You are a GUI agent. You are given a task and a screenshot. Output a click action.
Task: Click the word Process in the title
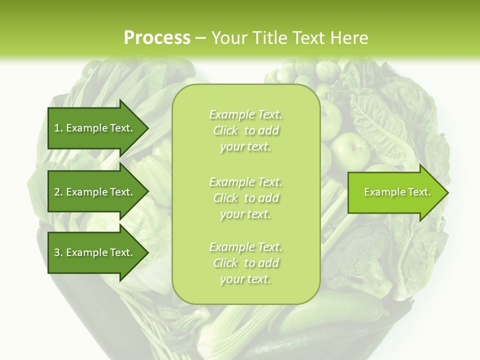pos(157,38)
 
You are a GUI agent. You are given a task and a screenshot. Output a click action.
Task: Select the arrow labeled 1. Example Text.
pos(95,128)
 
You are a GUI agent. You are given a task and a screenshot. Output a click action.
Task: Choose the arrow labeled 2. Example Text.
pos(95,192)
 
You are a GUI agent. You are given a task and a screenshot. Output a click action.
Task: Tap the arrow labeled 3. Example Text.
pos(95,252)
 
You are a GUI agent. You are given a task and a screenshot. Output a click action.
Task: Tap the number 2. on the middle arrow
pos(58,192)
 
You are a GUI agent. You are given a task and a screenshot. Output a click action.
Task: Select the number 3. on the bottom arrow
pos(58,252)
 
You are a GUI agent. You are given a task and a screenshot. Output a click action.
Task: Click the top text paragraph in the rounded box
pos(245,130)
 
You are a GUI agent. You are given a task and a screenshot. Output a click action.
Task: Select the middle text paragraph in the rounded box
pos(245,198)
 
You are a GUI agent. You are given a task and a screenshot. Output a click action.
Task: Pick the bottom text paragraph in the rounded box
pos(245,263)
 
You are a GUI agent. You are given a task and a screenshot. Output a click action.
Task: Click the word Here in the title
pos(350,38)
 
